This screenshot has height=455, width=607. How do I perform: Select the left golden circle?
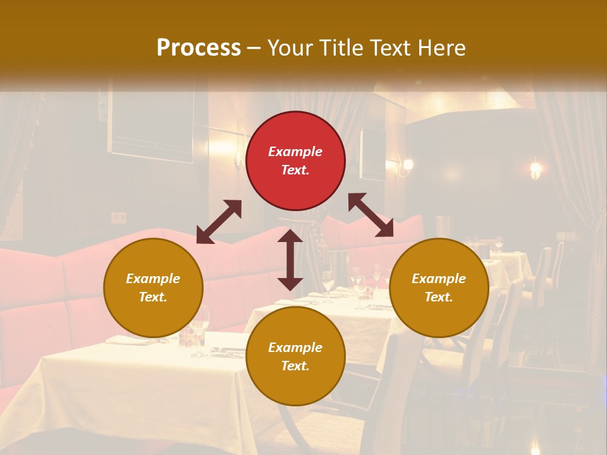click(153, 288)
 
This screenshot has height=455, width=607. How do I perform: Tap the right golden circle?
click(439, 288)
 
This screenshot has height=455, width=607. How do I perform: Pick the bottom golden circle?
click(295, 356)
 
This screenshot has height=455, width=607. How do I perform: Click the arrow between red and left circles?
click(219, 222)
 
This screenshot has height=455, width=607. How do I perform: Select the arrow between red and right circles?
click(371, 215)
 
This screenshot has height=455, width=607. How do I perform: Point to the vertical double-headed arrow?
click(290, 260)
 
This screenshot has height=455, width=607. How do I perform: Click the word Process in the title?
click(199, 47)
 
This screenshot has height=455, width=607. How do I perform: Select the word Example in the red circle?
click(295, 152)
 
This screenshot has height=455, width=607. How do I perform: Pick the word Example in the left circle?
click(153, 279)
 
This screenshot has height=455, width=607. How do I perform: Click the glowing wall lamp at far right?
click(536, 168)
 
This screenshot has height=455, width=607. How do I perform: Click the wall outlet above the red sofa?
click(118, 218)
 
